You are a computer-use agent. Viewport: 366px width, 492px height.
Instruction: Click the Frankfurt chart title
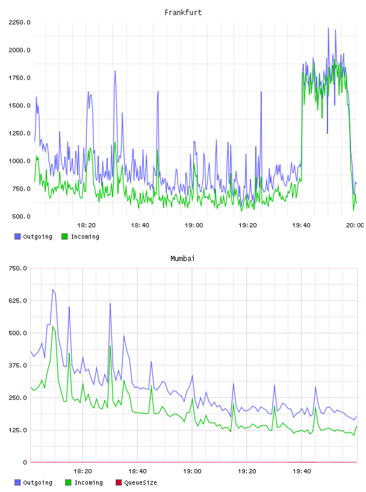click(183, 13)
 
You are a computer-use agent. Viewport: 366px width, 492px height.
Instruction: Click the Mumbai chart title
click(182, 259)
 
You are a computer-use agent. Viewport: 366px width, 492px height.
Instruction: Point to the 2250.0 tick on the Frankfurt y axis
click(19, 22)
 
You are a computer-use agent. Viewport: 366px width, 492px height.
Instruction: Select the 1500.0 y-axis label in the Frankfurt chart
click(19, 106)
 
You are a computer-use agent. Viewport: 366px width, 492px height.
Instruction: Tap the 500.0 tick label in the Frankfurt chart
click(21, 216)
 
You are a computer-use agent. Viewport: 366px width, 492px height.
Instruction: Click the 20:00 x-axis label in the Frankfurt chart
click(355, 225)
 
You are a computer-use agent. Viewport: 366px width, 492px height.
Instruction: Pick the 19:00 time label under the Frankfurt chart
click(194, 225)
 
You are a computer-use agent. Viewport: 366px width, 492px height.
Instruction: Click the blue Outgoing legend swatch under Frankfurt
click(17, 236)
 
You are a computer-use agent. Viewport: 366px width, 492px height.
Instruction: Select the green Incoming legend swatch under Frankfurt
click(64, 236)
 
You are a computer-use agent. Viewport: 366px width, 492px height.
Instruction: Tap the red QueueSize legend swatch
click(119, 482)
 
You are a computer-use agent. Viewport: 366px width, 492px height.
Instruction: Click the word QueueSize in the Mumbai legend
click(140, 482)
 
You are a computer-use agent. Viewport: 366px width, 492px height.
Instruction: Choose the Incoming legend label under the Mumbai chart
click(88, 482)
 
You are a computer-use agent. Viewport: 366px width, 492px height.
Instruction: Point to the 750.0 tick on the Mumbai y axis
click(17, 268)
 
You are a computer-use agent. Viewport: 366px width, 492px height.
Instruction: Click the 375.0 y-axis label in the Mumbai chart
click(17, 365)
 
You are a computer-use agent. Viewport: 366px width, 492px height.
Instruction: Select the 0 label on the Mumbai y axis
click(25, 462)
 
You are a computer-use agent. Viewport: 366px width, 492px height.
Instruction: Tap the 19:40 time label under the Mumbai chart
click(302, 471)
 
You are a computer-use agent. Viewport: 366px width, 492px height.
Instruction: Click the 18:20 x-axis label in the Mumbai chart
click(82, 471)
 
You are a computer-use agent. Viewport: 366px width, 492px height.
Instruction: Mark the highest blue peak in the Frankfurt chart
click(328, 28)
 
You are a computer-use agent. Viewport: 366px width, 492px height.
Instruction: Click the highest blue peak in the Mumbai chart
click(53, 289)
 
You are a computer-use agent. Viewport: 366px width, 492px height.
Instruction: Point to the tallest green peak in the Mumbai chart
click(53, 326)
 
